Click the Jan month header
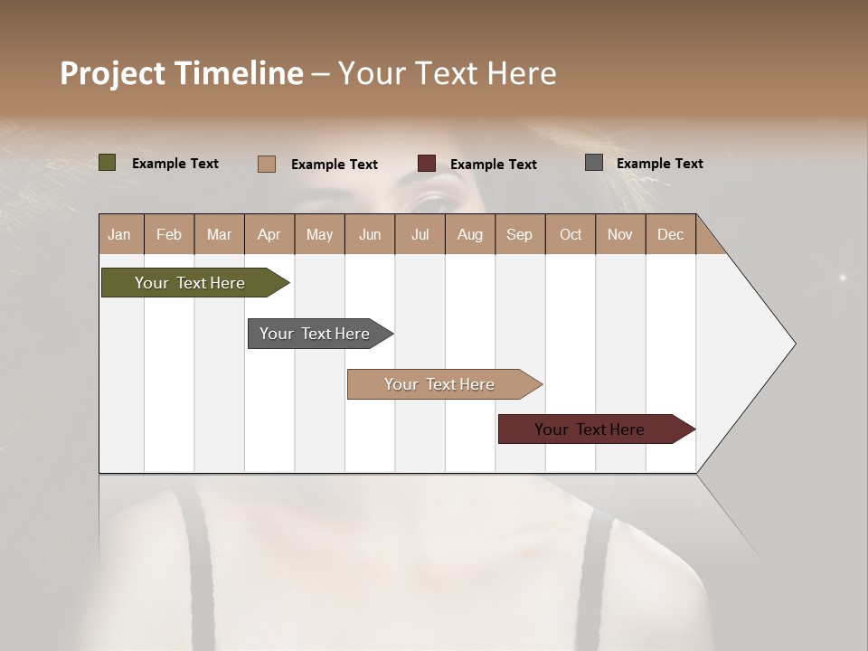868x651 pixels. coord(119,234)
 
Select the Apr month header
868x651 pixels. coord(269,234)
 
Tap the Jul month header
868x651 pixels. coord(420,234)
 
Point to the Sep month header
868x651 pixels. coord(519,234)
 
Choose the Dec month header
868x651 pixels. coord(670,234)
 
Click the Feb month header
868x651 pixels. coord(169,234)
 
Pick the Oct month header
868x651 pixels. coord(571,234)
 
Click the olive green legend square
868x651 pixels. coord(108,163)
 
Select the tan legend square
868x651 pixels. coord(266,164)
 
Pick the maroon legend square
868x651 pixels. coord(427,164)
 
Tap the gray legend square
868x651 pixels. coord(594,163)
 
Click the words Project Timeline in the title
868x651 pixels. coord(182,73)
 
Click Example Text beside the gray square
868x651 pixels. coord(659,164)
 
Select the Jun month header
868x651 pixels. coord(370,234)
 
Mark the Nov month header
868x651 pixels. coord(620,234)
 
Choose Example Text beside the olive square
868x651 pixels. coord(175,164)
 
